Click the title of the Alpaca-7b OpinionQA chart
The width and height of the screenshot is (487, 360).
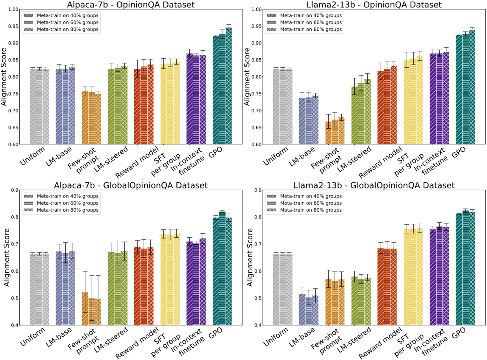pyautogui.click(x=127, y=4)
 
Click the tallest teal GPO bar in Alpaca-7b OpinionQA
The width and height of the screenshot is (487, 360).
pyautogui.click(x=229, y=87)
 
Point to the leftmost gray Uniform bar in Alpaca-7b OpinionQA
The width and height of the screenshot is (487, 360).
pyautogui.click(x=33, y=107)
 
